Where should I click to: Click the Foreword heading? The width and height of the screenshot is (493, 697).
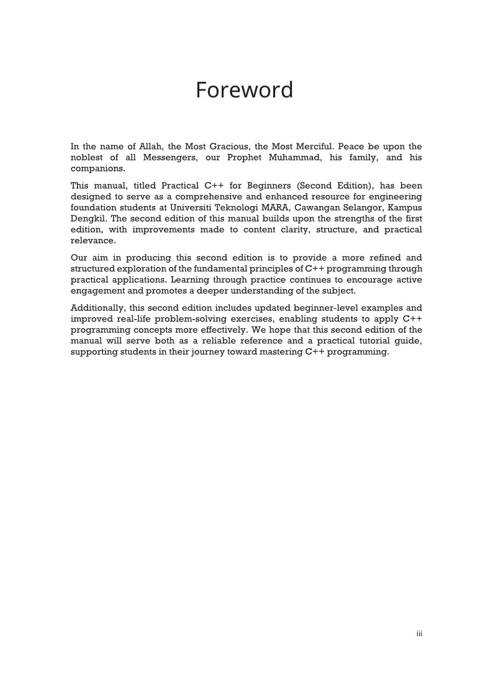click(x=244, y=90)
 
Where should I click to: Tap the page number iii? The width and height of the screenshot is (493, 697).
click(x=419, y=634)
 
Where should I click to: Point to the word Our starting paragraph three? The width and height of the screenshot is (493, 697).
click(x=79, y=257)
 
